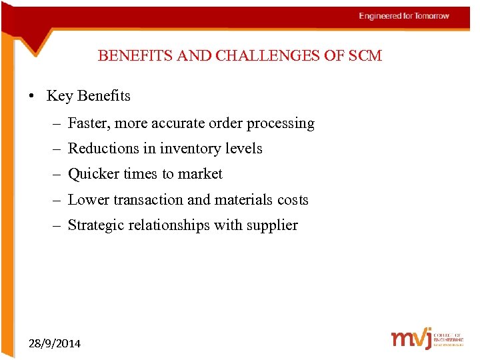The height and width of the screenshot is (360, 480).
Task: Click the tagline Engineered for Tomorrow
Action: click(x=404, y=16)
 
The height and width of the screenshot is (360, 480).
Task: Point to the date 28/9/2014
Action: click(x=55, y=343)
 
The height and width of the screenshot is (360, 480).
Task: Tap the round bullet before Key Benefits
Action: click(x=32, y=96)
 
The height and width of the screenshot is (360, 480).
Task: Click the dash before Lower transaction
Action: click(x=59, y=200)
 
